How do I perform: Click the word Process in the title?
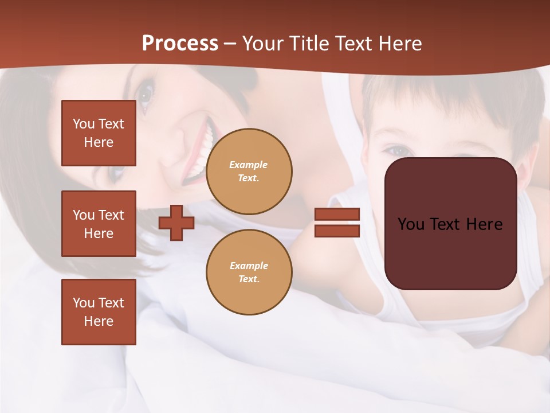(x=180, y=44)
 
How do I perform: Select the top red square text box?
(x=99, y=133)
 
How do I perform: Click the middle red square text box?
(x=99, y=224)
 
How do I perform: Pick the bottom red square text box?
(x=99, y=312)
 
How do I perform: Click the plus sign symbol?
(x=176, y=223)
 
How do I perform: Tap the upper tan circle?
(x=249, y=172)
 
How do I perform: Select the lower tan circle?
(x=249, y=272)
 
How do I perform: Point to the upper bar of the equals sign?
(x=337, y=215)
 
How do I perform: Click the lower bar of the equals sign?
(x=337, y=231)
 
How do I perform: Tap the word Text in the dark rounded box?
(x=450, y=224)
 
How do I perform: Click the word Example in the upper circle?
(x=249, y=165)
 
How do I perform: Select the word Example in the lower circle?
(x=249, y=266)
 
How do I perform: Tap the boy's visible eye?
(x=397, y=150)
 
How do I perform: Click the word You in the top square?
(x=84, y=124)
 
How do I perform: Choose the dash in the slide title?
(x=230, y=44)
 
